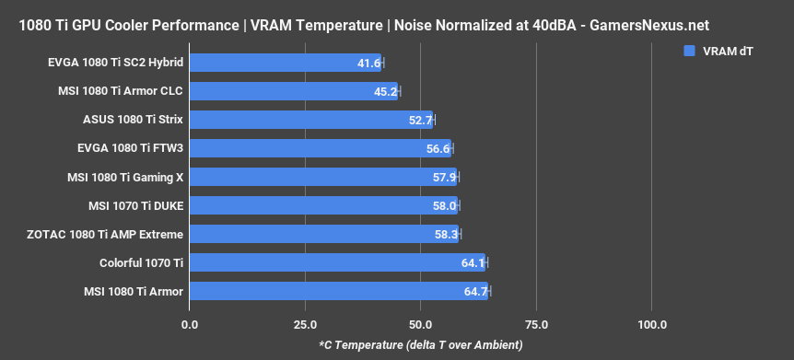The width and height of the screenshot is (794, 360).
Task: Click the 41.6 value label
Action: [368, 63]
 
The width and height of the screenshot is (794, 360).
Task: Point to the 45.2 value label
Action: [385, 91]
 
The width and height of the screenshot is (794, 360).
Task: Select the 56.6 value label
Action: [438, 148]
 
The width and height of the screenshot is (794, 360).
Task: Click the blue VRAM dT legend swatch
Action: [688, 51]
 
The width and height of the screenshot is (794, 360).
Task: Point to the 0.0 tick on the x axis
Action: [190, 325]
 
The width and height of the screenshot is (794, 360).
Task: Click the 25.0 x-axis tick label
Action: [305, 325]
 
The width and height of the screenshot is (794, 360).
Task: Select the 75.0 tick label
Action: [536, 325]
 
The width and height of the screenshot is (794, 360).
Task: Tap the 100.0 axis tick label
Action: [652, 325]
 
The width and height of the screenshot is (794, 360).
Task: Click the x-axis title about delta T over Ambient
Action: [420, 344]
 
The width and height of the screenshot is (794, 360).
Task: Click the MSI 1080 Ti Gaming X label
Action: [125, 177]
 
